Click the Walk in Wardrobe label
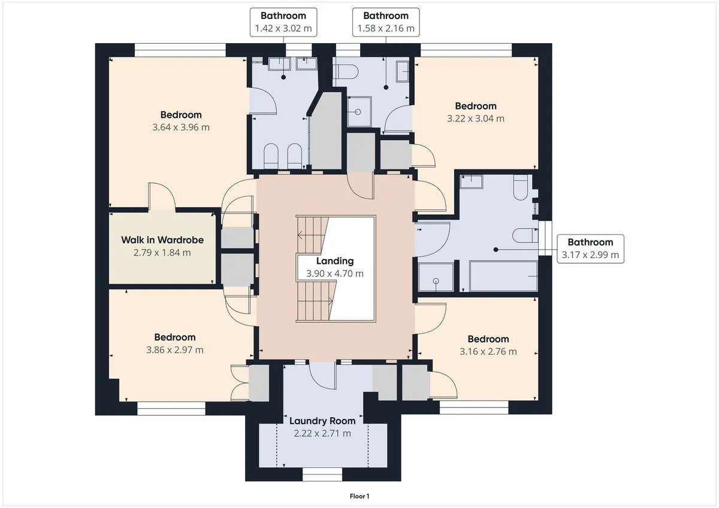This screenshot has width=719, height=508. (162, 240)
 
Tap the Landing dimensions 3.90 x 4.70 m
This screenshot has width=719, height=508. (335, 273)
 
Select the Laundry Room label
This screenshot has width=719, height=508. (322, 421)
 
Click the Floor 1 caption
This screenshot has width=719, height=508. (359, 496)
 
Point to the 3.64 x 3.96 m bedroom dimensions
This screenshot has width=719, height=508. (181, 127)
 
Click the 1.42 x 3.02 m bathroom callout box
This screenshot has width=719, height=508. (283, 22)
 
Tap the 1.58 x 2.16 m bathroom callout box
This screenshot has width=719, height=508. (386, 22)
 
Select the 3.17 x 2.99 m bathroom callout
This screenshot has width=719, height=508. (590, 249)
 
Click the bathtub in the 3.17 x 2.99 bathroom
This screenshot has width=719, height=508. (503, 276)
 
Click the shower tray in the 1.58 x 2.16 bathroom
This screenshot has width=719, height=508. (359, 111)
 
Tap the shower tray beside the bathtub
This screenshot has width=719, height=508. (436, 277)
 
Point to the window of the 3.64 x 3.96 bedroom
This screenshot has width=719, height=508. (180, 50)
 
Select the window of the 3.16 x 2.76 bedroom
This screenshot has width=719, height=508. (474, 407)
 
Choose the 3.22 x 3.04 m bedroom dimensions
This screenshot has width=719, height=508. (476, 118)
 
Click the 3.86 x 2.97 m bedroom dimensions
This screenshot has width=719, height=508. (175, 349)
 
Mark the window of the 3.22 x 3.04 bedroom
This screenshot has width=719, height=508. (466, 50)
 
